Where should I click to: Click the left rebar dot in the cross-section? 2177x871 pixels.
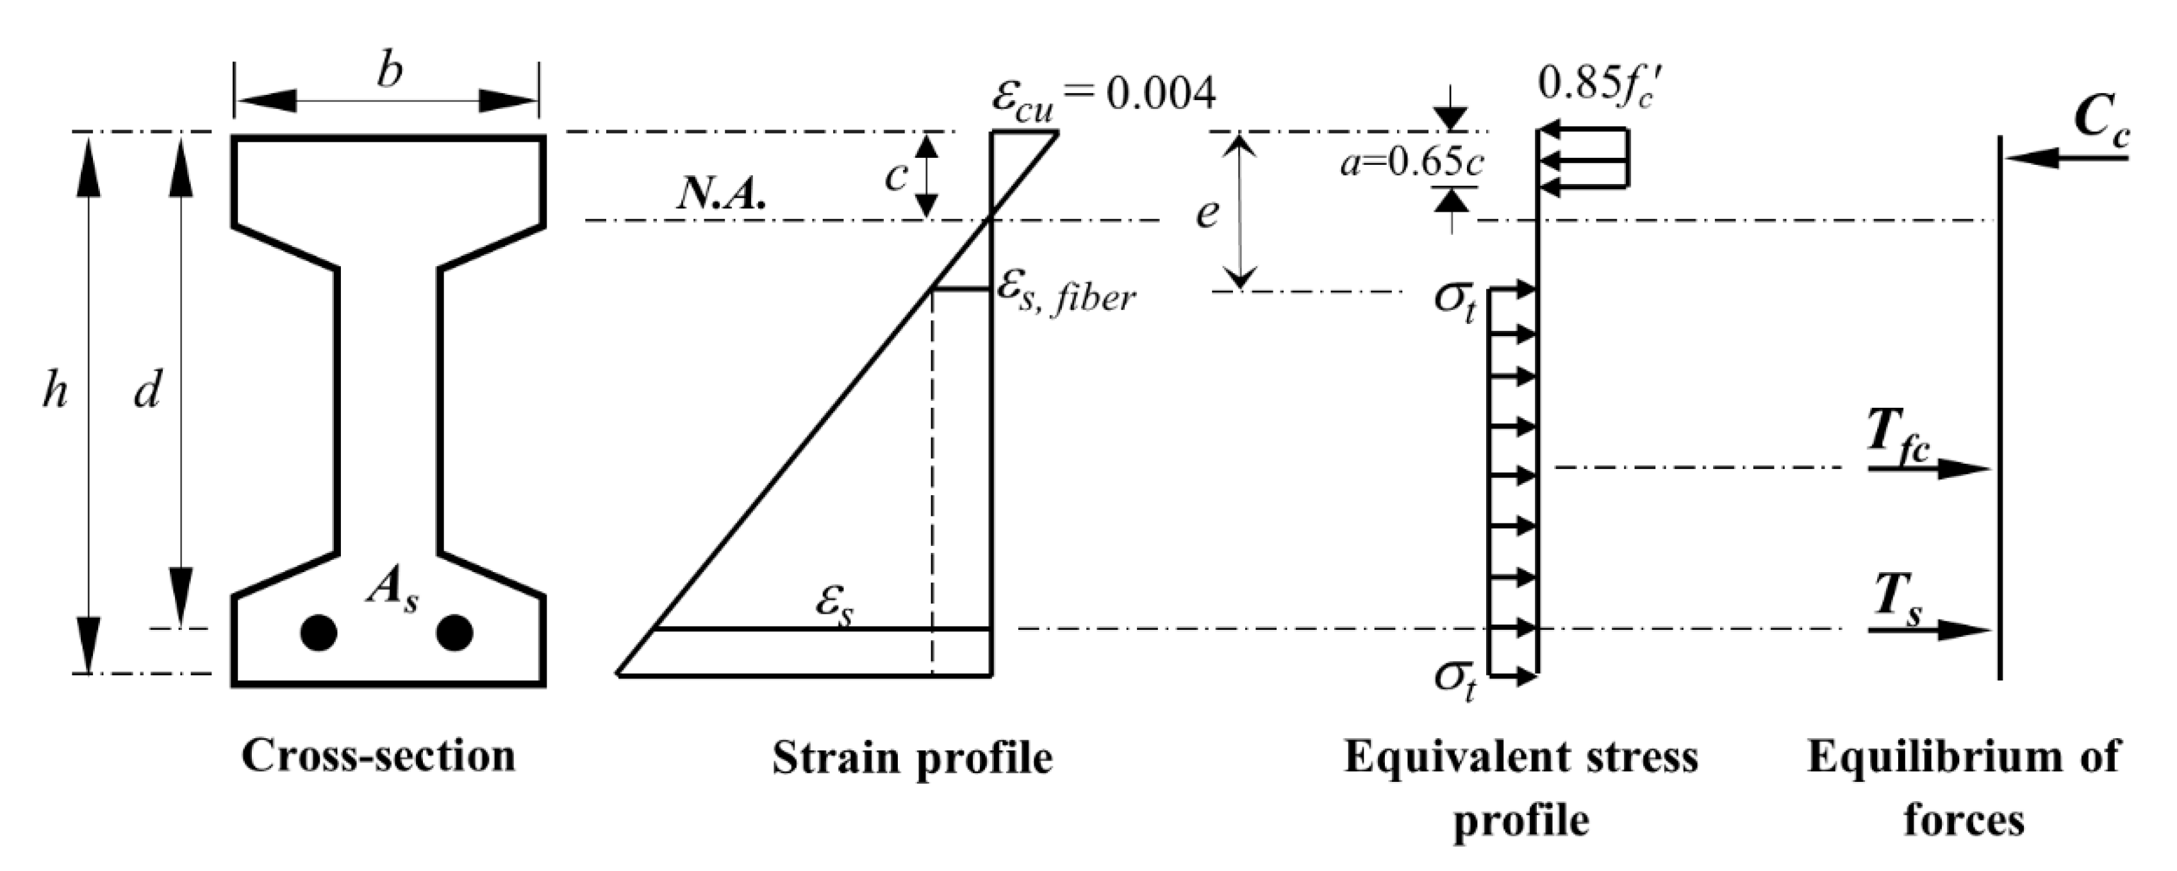tap(319, 632)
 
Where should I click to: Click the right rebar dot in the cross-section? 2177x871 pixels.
tap(454, 632)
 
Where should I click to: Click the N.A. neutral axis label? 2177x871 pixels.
tap(721, 197)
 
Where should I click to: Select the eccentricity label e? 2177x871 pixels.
tap(1207, 215)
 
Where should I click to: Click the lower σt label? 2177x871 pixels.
tap(1455, 682)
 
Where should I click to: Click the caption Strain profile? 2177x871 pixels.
tap(912, 757)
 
